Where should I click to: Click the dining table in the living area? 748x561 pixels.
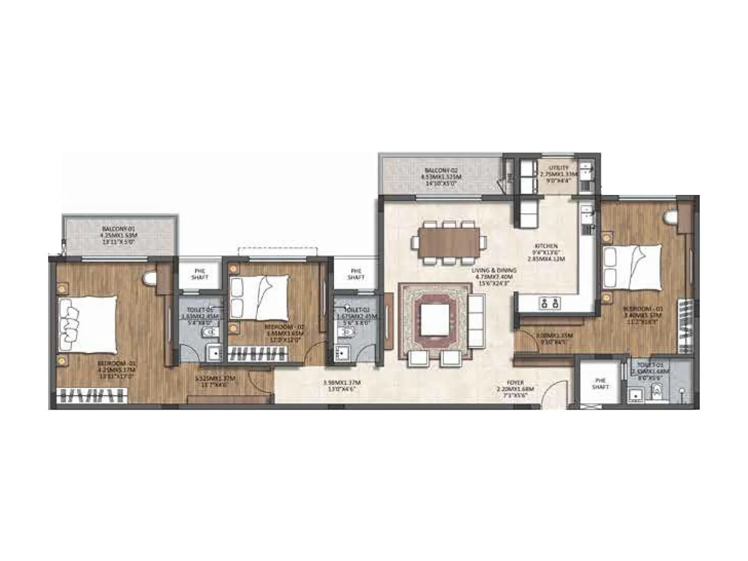coord(449,242)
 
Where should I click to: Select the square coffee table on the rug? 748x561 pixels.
coord(435,320)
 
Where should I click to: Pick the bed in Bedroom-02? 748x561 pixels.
coord(259,298)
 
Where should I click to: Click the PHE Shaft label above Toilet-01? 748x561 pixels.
coord(200,274)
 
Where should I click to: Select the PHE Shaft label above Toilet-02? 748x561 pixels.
coord(356,274)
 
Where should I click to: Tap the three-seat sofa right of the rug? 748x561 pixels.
coord(476,320)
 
